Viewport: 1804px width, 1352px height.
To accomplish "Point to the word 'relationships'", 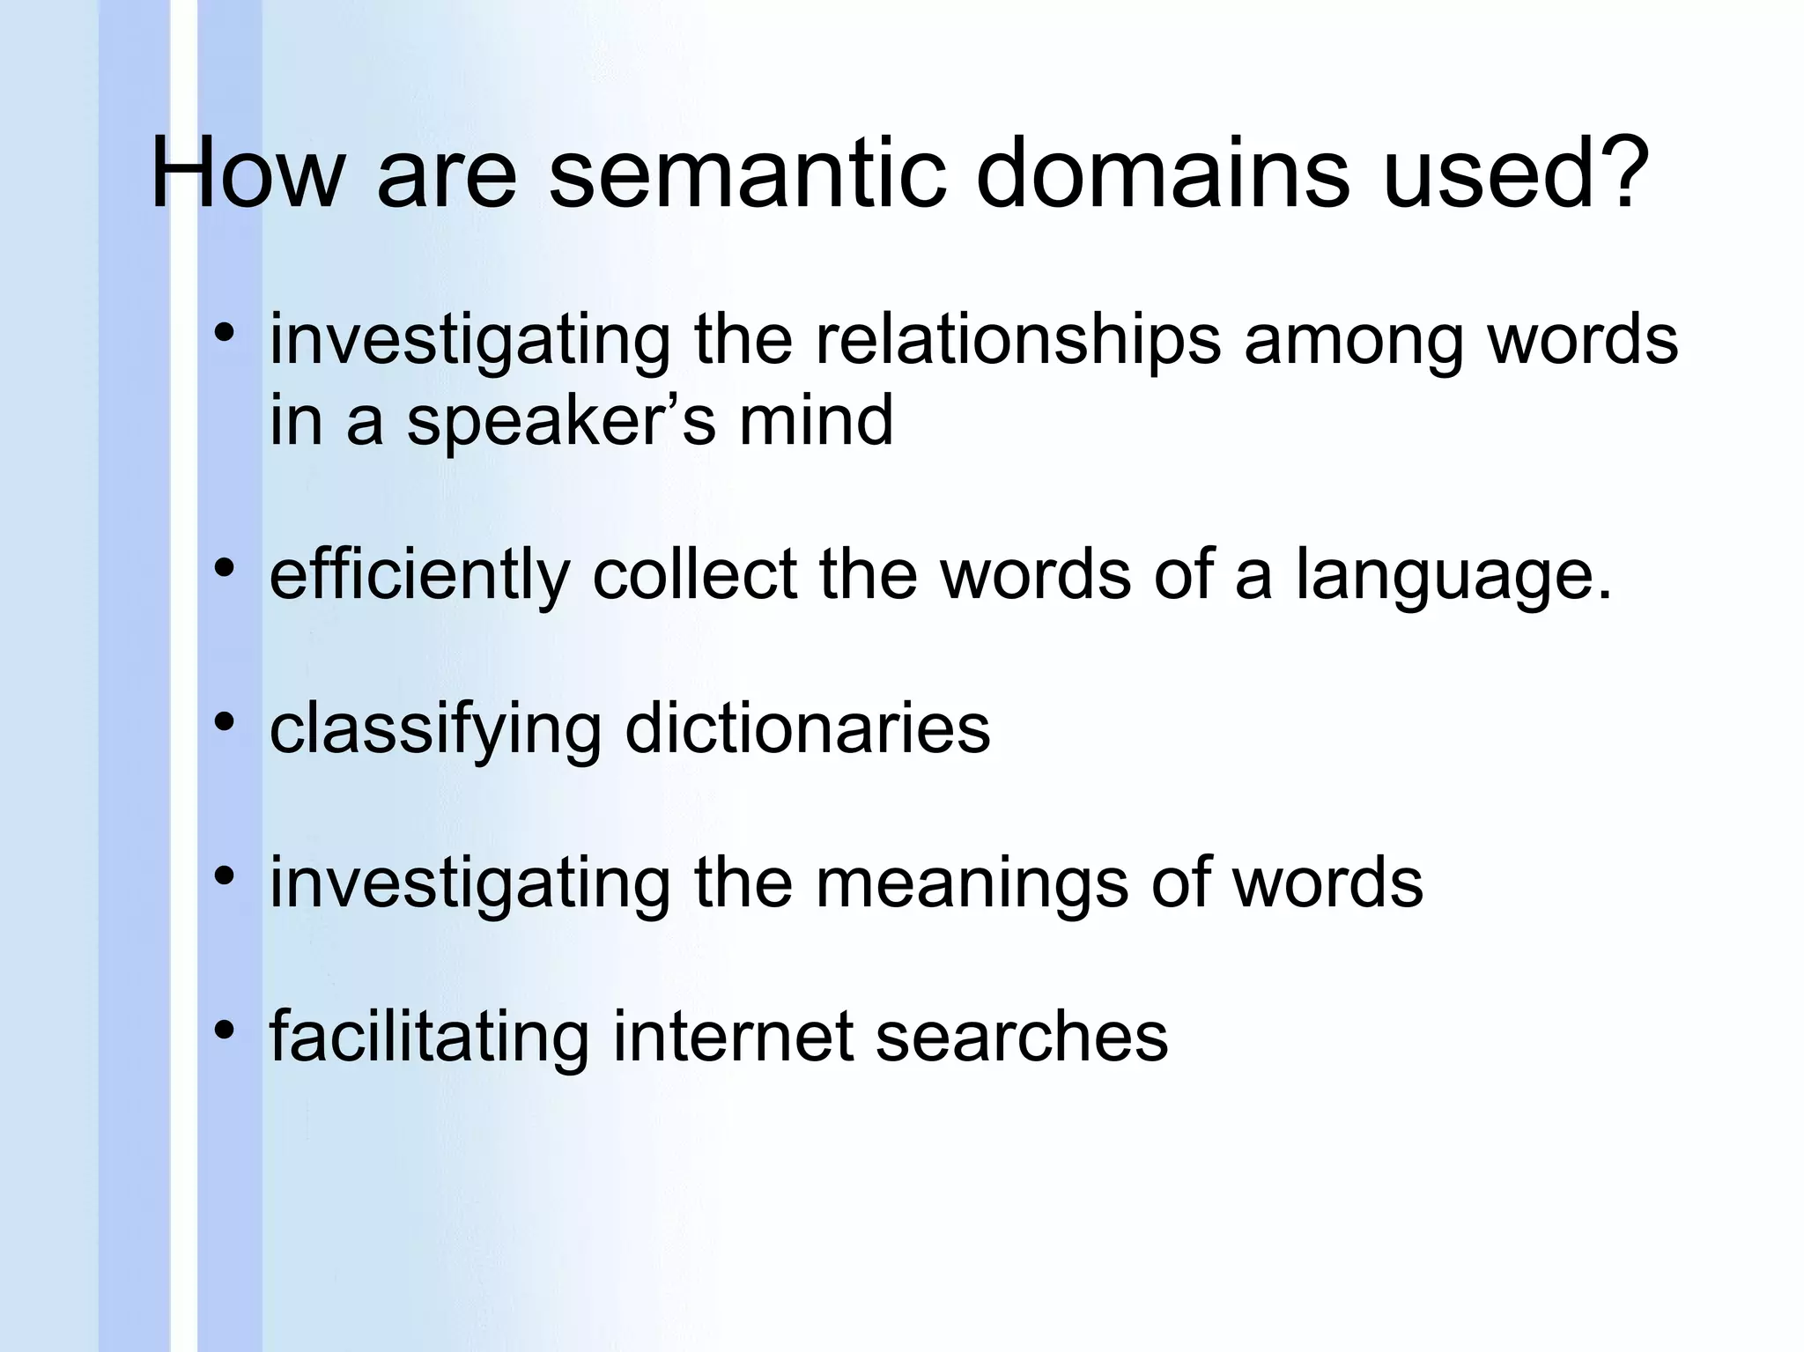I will (x=1017, y=342).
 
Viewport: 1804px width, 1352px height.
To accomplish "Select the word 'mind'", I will (x=816, y=419).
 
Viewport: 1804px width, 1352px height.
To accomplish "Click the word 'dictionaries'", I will (x=808, y=728).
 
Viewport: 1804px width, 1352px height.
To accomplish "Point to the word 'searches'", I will (x=1021, y=1036).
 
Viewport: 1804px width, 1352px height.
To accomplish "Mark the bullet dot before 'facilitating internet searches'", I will (x=225, y=1030).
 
